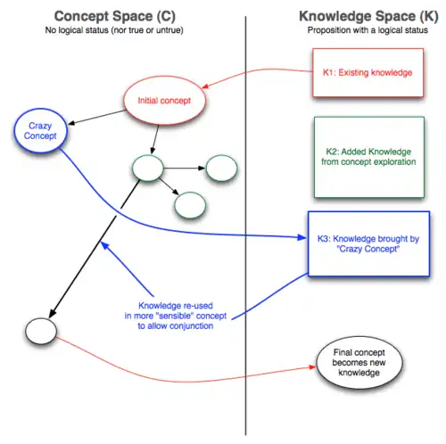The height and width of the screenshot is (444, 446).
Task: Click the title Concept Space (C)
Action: click(115, 16)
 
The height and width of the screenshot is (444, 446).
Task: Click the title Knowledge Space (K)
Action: click(368, 16)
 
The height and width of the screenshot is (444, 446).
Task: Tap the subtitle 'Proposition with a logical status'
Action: click(368, 30)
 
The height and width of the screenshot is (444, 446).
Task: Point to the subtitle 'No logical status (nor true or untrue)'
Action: click(114, 30)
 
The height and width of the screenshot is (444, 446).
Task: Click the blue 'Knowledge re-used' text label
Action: click(176, 316)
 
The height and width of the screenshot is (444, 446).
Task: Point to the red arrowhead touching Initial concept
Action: click(205, 86)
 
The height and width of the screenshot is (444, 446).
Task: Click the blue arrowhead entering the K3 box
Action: click(301, 237)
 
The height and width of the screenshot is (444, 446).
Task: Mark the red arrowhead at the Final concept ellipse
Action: click(312, 367)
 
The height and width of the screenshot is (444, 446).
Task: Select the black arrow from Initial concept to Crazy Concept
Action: click(97, 117)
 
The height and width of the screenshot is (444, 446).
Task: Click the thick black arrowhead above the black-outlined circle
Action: click(53, 313)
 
